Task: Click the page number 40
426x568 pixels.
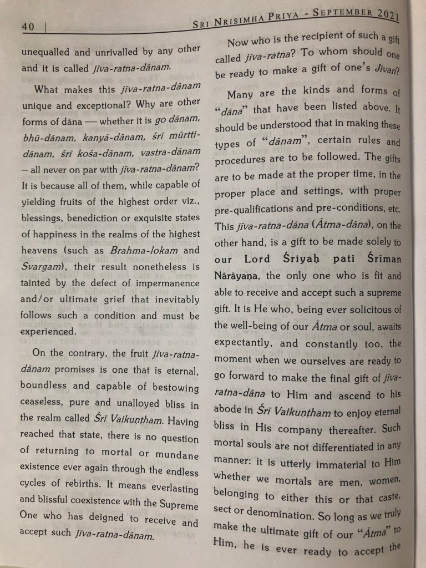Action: coord(28,26)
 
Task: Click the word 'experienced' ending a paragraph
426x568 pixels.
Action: coord(48,332)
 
